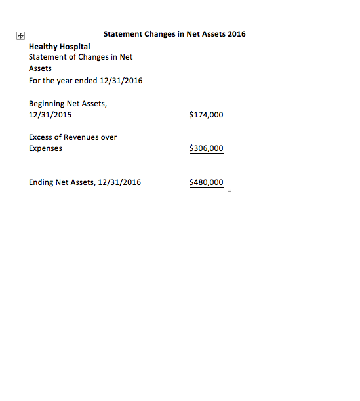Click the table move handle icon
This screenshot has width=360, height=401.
click(20, 36)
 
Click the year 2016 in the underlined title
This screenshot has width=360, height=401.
click(236, 34)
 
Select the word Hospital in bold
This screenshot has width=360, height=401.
click(75, 47)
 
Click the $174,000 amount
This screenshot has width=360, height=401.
click(206, 115)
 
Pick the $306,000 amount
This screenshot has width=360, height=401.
click(206, 148)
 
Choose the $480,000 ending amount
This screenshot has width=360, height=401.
click(206, 182)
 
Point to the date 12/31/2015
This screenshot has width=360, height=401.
click(50, 115)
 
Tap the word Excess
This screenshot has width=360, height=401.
click(41, 137)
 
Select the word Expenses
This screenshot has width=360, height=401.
click(46, 148)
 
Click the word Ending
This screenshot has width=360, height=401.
click(41, 182)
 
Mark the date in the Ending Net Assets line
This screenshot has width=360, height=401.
click(119, 182)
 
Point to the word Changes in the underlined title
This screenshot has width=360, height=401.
click(163, 34)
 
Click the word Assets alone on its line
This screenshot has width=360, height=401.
click(40, 68)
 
